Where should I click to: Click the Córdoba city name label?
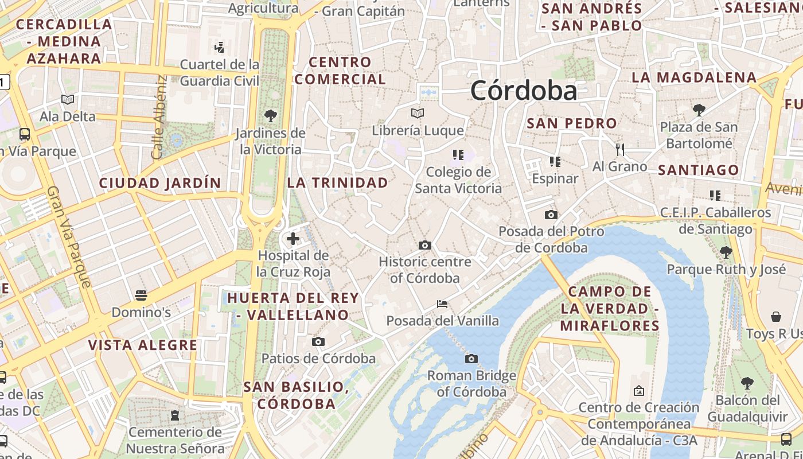pyautogui.click(x=524, y=91)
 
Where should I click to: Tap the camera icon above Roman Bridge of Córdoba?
pyautogui.click(x=471, y=359)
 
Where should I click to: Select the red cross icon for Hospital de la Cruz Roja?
pyautogui.click(x=293, y=238)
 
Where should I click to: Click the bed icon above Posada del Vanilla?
pyautogui.click(x=442, y=304)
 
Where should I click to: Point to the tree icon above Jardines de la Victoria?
pyautogui.click(x=270, y=116)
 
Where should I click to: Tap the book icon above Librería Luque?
pyautogui.click(x=418, y=113)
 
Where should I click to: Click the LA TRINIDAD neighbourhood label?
pyautogui.click(x=337, y=182)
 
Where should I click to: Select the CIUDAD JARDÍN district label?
pyautogui.click(x=160, y=183)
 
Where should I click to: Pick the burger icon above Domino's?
pyautogui.click(x=141, y=295)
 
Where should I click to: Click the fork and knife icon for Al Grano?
pyautogui.click(x=619, y=150)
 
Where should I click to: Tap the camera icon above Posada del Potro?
pyautogui.click(x=551, y=215)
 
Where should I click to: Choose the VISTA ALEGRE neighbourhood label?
pyautogui.click(x=143, y=345)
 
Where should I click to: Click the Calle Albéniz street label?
pyautogui.click(x=160, y=118)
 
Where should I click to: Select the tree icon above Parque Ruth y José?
pyautogui.click(x=726, y=252)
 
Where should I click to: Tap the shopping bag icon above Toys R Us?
pyautogui.click(x=775, y=316)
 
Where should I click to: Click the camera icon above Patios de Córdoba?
pyautogui.click(x=318, y=341)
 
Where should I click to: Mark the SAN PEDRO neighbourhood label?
pyautogui.click(x=572, y=123)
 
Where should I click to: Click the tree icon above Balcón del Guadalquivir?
pyautogui.click(x=747, y=383)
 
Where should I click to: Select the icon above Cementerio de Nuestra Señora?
pyautogui.click(x=175, y=414)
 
